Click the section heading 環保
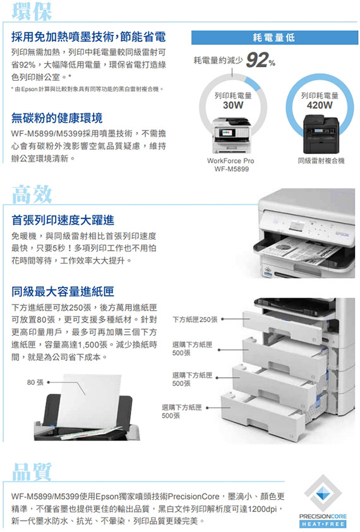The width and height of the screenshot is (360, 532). tap(32, 11)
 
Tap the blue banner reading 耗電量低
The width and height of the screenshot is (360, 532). tap(275, 38)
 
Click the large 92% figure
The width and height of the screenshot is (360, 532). tap(260, 60)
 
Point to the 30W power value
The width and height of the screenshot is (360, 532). tap(233, 105)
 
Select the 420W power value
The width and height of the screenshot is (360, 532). tap(320, 105)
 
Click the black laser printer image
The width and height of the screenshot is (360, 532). tap(321, 134)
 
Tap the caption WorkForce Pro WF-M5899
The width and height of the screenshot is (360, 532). tap(231, 164)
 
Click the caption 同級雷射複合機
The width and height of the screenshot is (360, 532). tap(321, 161)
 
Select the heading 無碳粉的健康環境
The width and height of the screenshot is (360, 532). tap(57, 118)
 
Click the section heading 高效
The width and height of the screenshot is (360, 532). tap(32, 195)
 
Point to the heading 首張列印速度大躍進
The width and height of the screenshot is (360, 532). tap(63, 221)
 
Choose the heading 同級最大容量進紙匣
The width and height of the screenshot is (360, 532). tap(63, 291)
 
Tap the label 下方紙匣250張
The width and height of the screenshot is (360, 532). tap(195, 319)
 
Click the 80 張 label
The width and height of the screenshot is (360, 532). tap(35, 382)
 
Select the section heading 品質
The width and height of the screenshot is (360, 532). tap(32, 471)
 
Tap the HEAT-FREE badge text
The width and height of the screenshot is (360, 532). tap(323, 524)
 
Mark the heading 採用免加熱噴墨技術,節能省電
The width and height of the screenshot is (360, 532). tap(88, 37)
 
